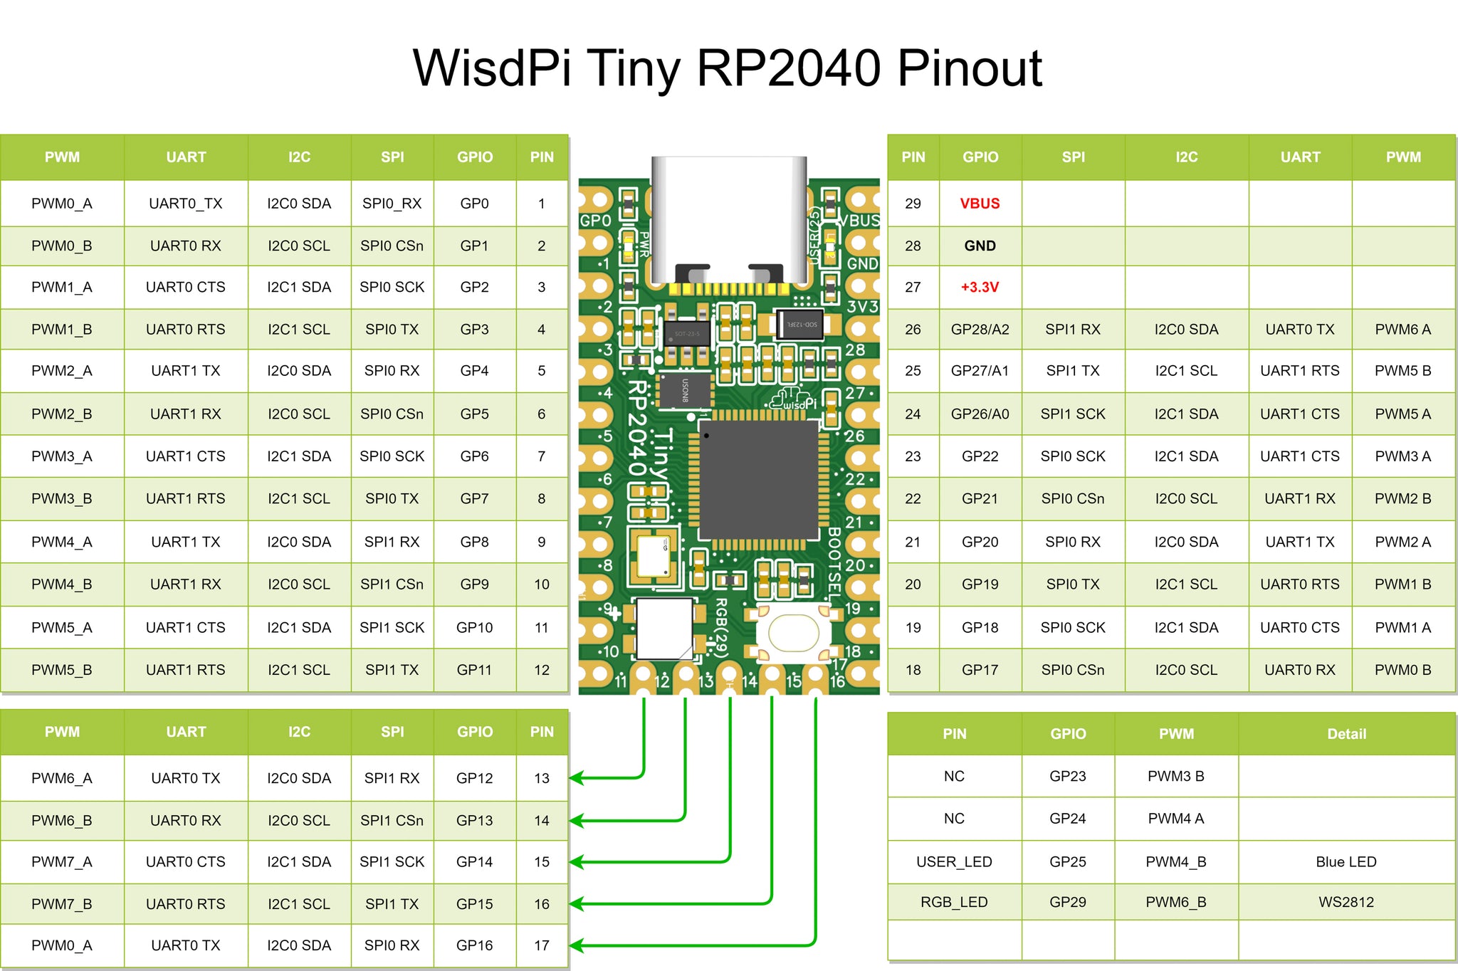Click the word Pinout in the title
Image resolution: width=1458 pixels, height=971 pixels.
pos(969,69)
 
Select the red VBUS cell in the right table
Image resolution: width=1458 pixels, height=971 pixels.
pos(980,204)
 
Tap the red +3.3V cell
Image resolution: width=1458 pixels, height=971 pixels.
pos(980,288)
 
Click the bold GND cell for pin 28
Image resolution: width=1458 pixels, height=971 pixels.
pos(980,246)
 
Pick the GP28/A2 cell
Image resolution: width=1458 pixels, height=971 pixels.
pos(980,330)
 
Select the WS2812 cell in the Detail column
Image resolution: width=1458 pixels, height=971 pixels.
pos(1346,902)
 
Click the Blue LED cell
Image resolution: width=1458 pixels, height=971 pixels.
pos(1346,861)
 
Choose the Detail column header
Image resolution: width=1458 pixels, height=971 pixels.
pos(1346,734)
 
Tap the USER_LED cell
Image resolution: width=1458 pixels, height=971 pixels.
pos(954,861)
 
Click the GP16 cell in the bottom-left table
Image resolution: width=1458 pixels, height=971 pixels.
pos(474,945)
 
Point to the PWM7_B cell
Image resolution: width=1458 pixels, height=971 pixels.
pos(62,904)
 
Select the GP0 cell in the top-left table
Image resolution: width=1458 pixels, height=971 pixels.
pos(474,204)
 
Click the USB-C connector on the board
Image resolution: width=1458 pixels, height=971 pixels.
pos(729,221)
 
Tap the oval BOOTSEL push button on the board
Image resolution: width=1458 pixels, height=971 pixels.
pos(793,633)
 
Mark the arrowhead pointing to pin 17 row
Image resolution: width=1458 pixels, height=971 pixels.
pos(577,945)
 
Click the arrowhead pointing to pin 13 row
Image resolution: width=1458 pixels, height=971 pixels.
pos(577,778)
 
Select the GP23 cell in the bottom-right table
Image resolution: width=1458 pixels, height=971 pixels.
pos(1067,776)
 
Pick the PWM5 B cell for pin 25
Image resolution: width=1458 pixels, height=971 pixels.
pos(1402,371)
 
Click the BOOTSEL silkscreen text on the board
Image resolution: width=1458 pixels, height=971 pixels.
pos(834,562)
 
